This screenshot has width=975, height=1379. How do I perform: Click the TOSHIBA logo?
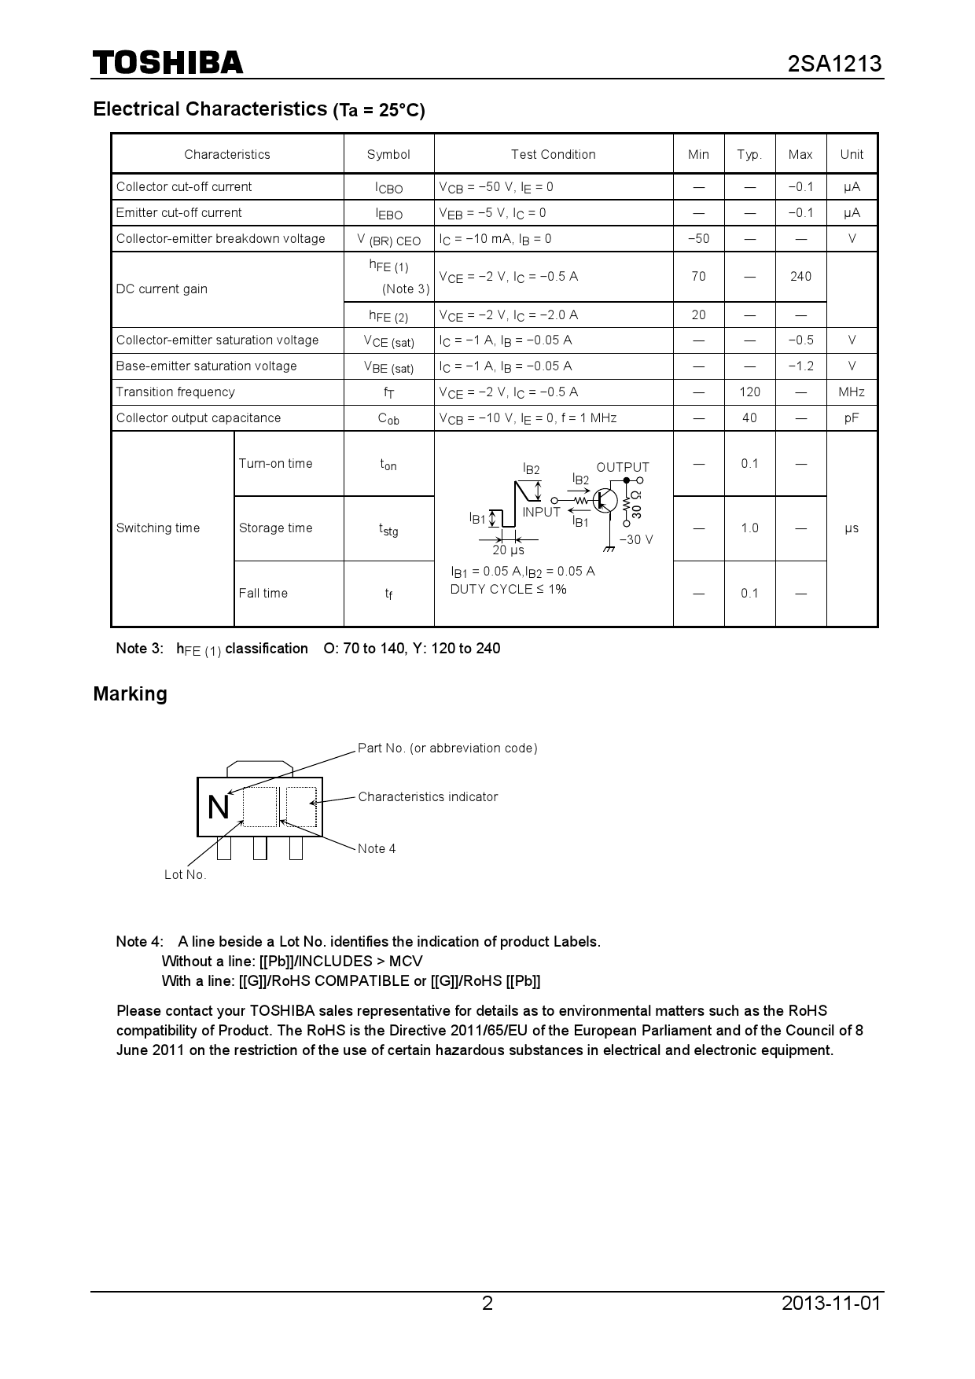pos(167,63)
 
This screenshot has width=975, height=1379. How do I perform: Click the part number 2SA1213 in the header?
pos(834,64)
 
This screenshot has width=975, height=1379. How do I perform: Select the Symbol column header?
pos(388,154)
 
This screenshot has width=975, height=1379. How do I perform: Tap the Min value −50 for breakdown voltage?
pos(698,238)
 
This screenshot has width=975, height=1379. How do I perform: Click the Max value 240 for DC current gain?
pos(800,276)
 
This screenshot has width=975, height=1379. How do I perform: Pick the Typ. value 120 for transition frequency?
pos(749,392)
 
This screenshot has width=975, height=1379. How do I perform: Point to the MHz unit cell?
pos(851,392)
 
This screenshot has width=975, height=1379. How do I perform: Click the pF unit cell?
pos(851,417)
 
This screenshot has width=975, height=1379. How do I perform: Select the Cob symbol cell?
pos(388,418)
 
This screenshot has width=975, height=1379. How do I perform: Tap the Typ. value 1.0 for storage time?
pos(749,528)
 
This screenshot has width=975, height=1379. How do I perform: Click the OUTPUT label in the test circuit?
pos(623,467)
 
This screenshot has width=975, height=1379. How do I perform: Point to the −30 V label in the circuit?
pos(636,539)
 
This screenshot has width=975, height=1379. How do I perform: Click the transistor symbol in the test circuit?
pos(605,500)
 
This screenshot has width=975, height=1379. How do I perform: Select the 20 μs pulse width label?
pos(508,550)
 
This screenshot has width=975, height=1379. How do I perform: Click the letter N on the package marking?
pos(219,807)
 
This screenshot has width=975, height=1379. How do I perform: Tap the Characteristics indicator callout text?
pos(428,796)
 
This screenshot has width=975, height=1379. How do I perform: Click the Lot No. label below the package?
pos(185,874)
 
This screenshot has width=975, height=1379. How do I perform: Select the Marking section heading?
pos(130,693)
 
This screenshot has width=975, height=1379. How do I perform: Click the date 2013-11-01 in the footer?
pos(831,1303)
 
